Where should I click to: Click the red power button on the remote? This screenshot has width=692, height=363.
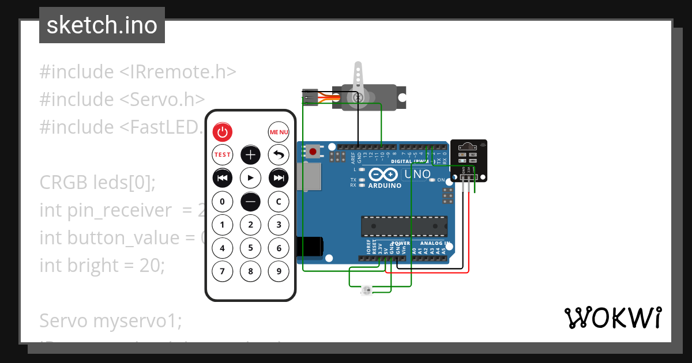coord(223,133)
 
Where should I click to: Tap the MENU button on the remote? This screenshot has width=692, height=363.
coord(279,133)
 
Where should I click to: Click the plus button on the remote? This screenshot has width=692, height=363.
coord(250,155)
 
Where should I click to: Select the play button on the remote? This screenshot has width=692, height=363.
coord(250,178)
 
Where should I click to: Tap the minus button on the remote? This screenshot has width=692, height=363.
coord(250,202)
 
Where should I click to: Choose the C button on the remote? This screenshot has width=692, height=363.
coord(279,202)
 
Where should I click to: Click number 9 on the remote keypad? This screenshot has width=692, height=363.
coord(279,271)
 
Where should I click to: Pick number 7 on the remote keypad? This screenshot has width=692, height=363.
coord(223,271)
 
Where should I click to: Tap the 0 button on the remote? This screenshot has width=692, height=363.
coord(223,202)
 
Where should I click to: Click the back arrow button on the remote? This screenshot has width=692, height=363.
coord(279,155)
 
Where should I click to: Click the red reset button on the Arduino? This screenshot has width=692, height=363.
coord(313,152)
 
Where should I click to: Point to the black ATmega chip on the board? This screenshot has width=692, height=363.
coord(404,226)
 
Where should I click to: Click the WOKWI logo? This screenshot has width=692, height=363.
coord(612,317)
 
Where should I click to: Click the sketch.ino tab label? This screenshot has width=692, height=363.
coord(102,25)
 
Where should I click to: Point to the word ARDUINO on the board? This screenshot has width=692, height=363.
coord(385,186)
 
